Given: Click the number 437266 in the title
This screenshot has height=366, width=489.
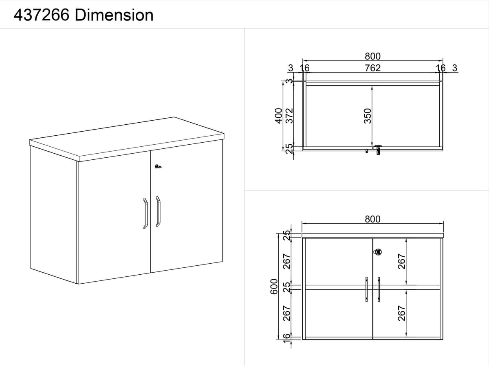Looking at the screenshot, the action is click(x=42, y=15).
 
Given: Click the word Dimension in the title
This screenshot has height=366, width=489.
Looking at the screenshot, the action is click(x=114, y=15).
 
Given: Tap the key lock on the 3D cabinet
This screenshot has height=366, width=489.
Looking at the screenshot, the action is click(x=158, y=166).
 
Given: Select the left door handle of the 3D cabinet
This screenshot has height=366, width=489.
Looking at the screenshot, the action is click(x=145, y=213).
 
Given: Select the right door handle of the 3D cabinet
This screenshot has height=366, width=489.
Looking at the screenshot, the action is click(x=158, y=212).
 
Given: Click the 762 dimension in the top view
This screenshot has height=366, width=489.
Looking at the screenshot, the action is click(x=372, y=68).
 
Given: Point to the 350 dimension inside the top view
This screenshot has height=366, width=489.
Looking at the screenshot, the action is click(x=368, y=116).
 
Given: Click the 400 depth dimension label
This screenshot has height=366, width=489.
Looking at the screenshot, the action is click(x=278, y=116).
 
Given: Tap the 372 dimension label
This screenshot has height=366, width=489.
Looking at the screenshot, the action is click(x=289, y=116).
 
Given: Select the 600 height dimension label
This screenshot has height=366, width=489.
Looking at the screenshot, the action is click(x=274, y=287).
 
